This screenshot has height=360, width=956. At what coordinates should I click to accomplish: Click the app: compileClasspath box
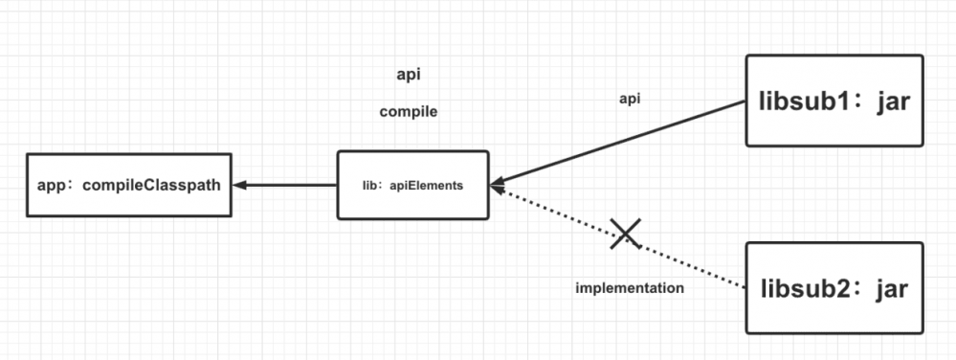click(128, 185)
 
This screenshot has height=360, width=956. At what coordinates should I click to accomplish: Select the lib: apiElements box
click(413, 185)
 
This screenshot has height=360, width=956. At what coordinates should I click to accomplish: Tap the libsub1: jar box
click(834, 101)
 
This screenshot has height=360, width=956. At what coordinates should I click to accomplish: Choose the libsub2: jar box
click(834, 287)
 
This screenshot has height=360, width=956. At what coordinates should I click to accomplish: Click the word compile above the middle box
click(409, 112)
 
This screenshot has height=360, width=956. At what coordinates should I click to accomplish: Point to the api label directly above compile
click(410, 75)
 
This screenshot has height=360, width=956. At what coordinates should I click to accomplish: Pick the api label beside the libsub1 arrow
click(630, 98)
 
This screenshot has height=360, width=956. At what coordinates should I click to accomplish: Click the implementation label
click(630, 287)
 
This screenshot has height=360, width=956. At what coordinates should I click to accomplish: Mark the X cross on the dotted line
click(626, 232)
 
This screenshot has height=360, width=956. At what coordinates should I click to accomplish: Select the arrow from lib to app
click(285, 185)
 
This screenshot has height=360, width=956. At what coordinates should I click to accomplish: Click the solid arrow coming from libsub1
click(622, 143)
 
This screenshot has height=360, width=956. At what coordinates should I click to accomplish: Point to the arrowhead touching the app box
click(239, 185)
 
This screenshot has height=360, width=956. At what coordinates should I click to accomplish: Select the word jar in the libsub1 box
click(893, 101)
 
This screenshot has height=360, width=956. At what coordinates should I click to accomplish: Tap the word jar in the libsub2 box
click(893, 287)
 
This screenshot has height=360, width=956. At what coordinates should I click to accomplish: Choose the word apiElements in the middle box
click(429, 185)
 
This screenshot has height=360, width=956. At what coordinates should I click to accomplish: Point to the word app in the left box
click(51, 185)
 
